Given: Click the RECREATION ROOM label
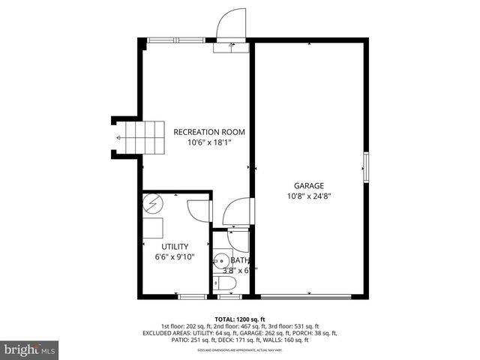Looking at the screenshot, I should (x=209, y=132).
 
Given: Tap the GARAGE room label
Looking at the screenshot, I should (x=309, y=185).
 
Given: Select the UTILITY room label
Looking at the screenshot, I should (x=175, y=246).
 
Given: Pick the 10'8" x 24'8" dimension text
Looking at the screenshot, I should (x=309, y=196).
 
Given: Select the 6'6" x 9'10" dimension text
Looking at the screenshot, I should (x=175, y=256).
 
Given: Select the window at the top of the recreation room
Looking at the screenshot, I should (x=175, y=40).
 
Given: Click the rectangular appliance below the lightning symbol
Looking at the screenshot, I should (x=155, y=229).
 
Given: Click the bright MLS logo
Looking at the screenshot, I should (x=30, y=349).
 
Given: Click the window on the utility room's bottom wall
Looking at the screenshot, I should (x=191, y=297).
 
